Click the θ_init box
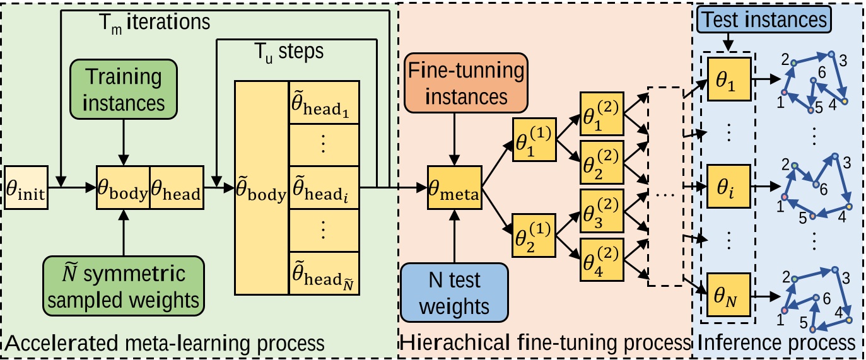click(25, 187)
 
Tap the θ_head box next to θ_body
click(177, 187)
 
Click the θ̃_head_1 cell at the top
click(323, 102)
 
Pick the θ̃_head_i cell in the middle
click(323, 187)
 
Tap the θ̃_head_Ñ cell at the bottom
click(323, 272)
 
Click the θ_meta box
click(453, 187)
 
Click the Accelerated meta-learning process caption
click(165, 344)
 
